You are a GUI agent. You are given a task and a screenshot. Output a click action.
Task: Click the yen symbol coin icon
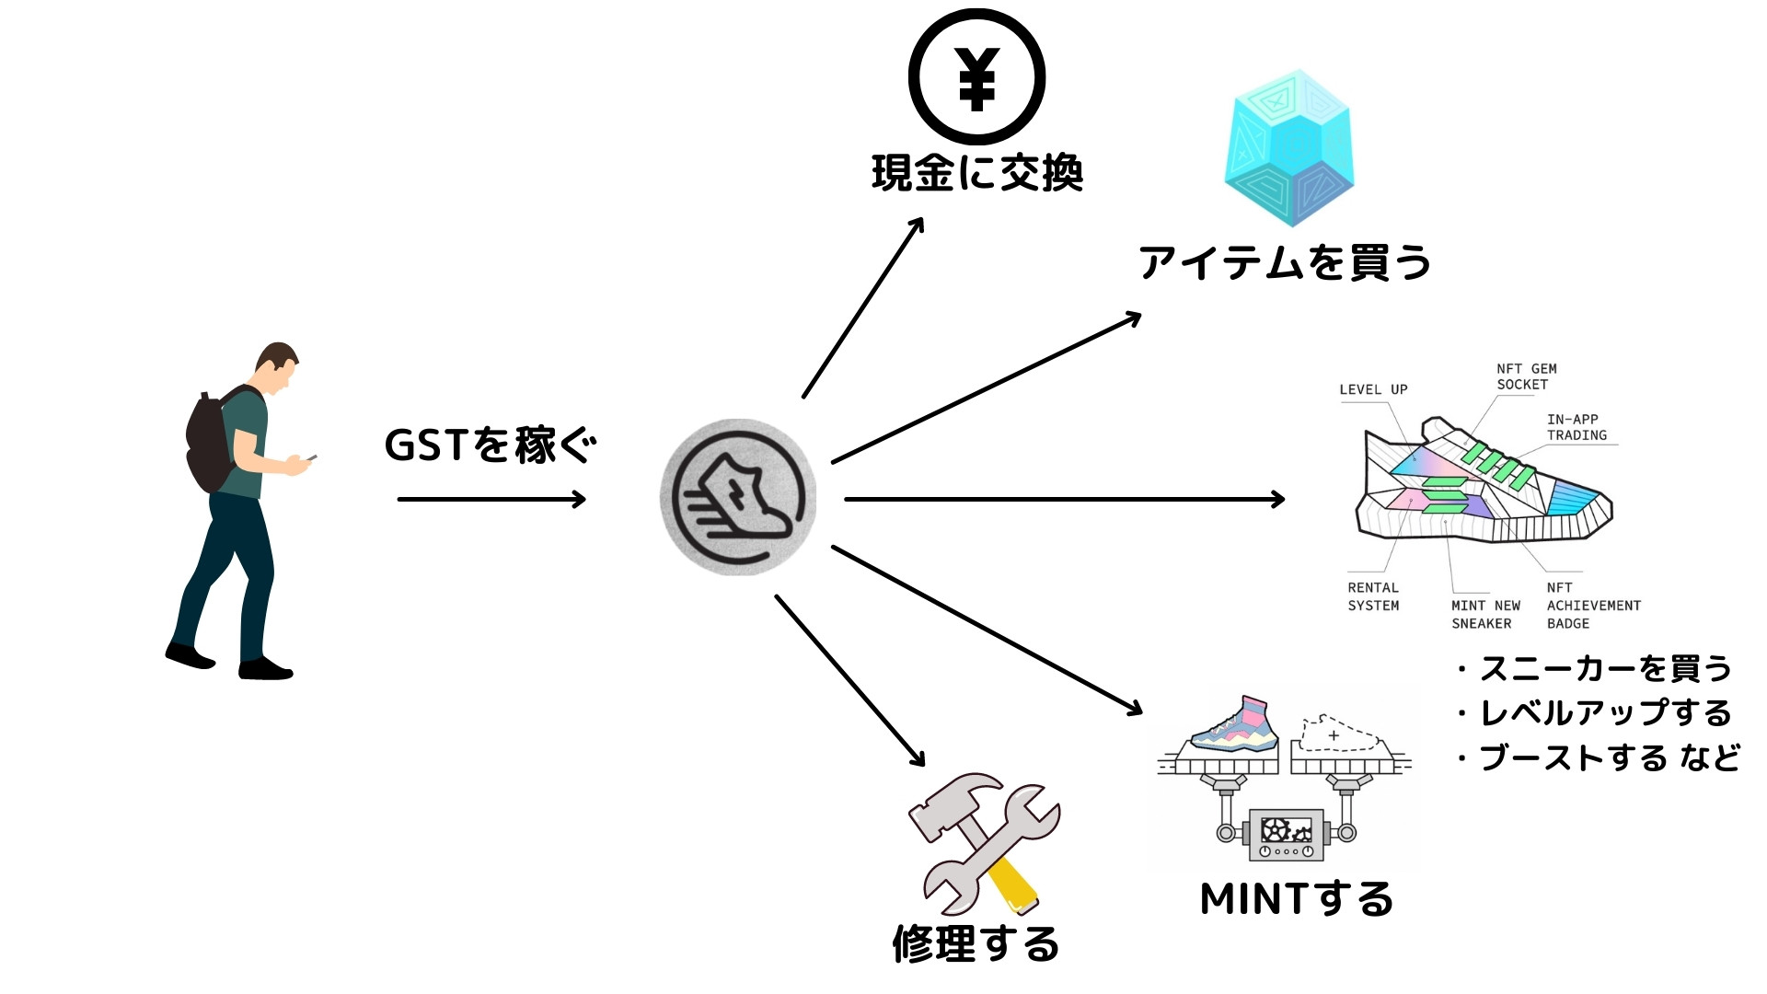[976, 77]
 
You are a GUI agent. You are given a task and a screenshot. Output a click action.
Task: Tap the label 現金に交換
[976, 173]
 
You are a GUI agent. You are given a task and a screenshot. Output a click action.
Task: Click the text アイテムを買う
[1285, 263]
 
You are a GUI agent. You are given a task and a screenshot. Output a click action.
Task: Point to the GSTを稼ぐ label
[491, 445]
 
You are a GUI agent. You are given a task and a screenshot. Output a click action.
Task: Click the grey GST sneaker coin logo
[738, 497]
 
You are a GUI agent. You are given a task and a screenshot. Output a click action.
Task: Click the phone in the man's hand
[311, 457]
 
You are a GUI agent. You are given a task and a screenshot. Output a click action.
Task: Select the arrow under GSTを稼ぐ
[491, 500]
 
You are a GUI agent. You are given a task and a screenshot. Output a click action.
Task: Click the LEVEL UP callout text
[1373, 389]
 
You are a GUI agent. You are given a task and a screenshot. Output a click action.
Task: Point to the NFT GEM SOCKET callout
[1526, 376]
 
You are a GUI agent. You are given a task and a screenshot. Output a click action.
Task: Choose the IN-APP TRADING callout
[1576, 427]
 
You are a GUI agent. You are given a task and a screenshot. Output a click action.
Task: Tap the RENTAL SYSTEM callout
[1373, 596]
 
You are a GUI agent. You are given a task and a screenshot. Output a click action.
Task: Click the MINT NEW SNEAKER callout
[1485, 614]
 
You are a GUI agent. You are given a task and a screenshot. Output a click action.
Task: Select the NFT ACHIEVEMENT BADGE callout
[1593, 605]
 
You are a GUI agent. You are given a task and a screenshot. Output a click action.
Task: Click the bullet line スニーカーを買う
[1603, 669]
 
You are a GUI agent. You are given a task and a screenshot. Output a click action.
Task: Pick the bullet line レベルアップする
[1603, 713]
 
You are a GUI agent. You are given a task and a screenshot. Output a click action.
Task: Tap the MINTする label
[1297, 899]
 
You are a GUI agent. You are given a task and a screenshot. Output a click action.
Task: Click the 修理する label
[976, 944]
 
